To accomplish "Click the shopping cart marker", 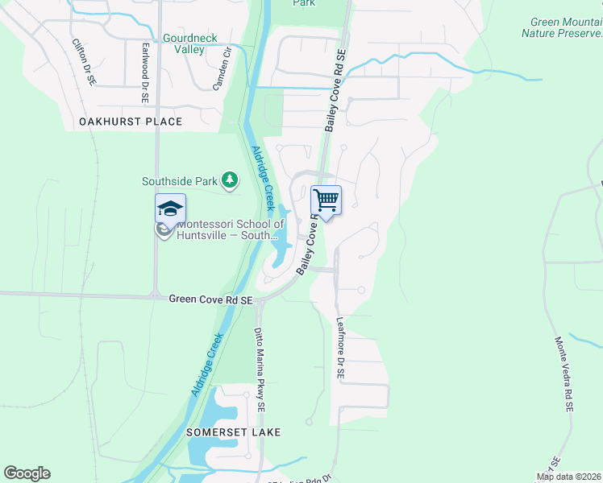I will coord(326,200).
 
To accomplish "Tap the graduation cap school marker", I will coord(170,208).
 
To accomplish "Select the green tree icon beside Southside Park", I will coord(231,180).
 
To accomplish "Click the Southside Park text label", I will coord(181,181).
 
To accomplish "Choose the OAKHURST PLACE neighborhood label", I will coord(131,122).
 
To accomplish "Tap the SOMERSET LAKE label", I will coord(234,432).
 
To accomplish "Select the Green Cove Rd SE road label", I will coord(210,299).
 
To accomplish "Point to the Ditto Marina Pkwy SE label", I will coord(260,369).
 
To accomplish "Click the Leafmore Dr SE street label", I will coord(340,348).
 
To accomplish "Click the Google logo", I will coord(27,473).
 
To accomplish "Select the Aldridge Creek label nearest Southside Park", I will coord(264,177).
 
